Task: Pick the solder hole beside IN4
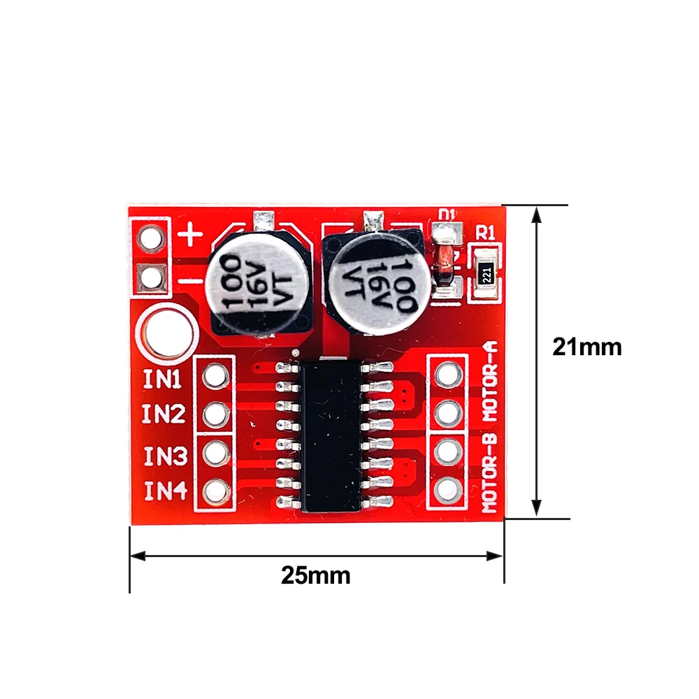pyautogui.click(x=215, y=493)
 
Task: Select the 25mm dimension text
pyautogui.click(x=315, y=575)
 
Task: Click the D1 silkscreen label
pyautogui.click(x=445, y=214)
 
